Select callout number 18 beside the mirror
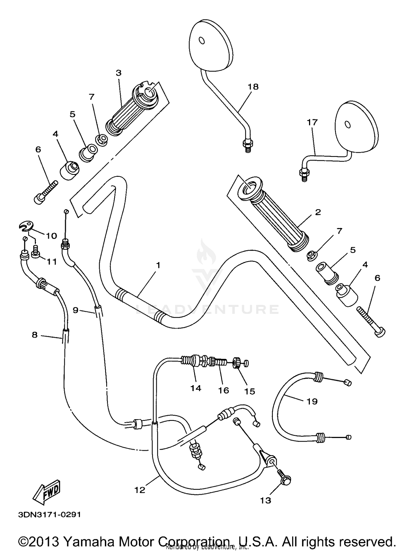click(253, 87)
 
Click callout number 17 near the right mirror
click(312, 122)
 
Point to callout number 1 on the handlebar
click(158, 265)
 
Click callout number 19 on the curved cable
click(312, 401)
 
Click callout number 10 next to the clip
click(51, 236)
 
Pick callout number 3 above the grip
click(118, 73)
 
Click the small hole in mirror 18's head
click(202, 41)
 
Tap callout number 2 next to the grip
click(318, 212)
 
